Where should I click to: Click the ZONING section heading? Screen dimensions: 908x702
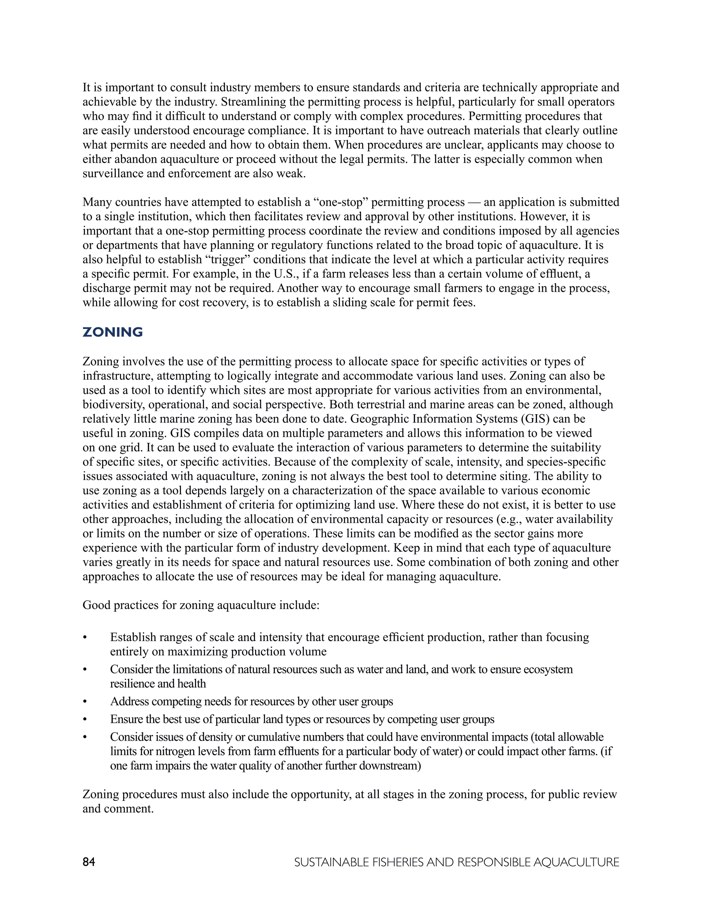113,332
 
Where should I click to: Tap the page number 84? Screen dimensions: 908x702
88,862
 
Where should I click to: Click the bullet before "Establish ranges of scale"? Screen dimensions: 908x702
85,637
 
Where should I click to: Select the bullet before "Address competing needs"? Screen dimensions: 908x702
85,702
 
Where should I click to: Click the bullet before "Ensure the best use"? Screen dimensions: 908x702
85,720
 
